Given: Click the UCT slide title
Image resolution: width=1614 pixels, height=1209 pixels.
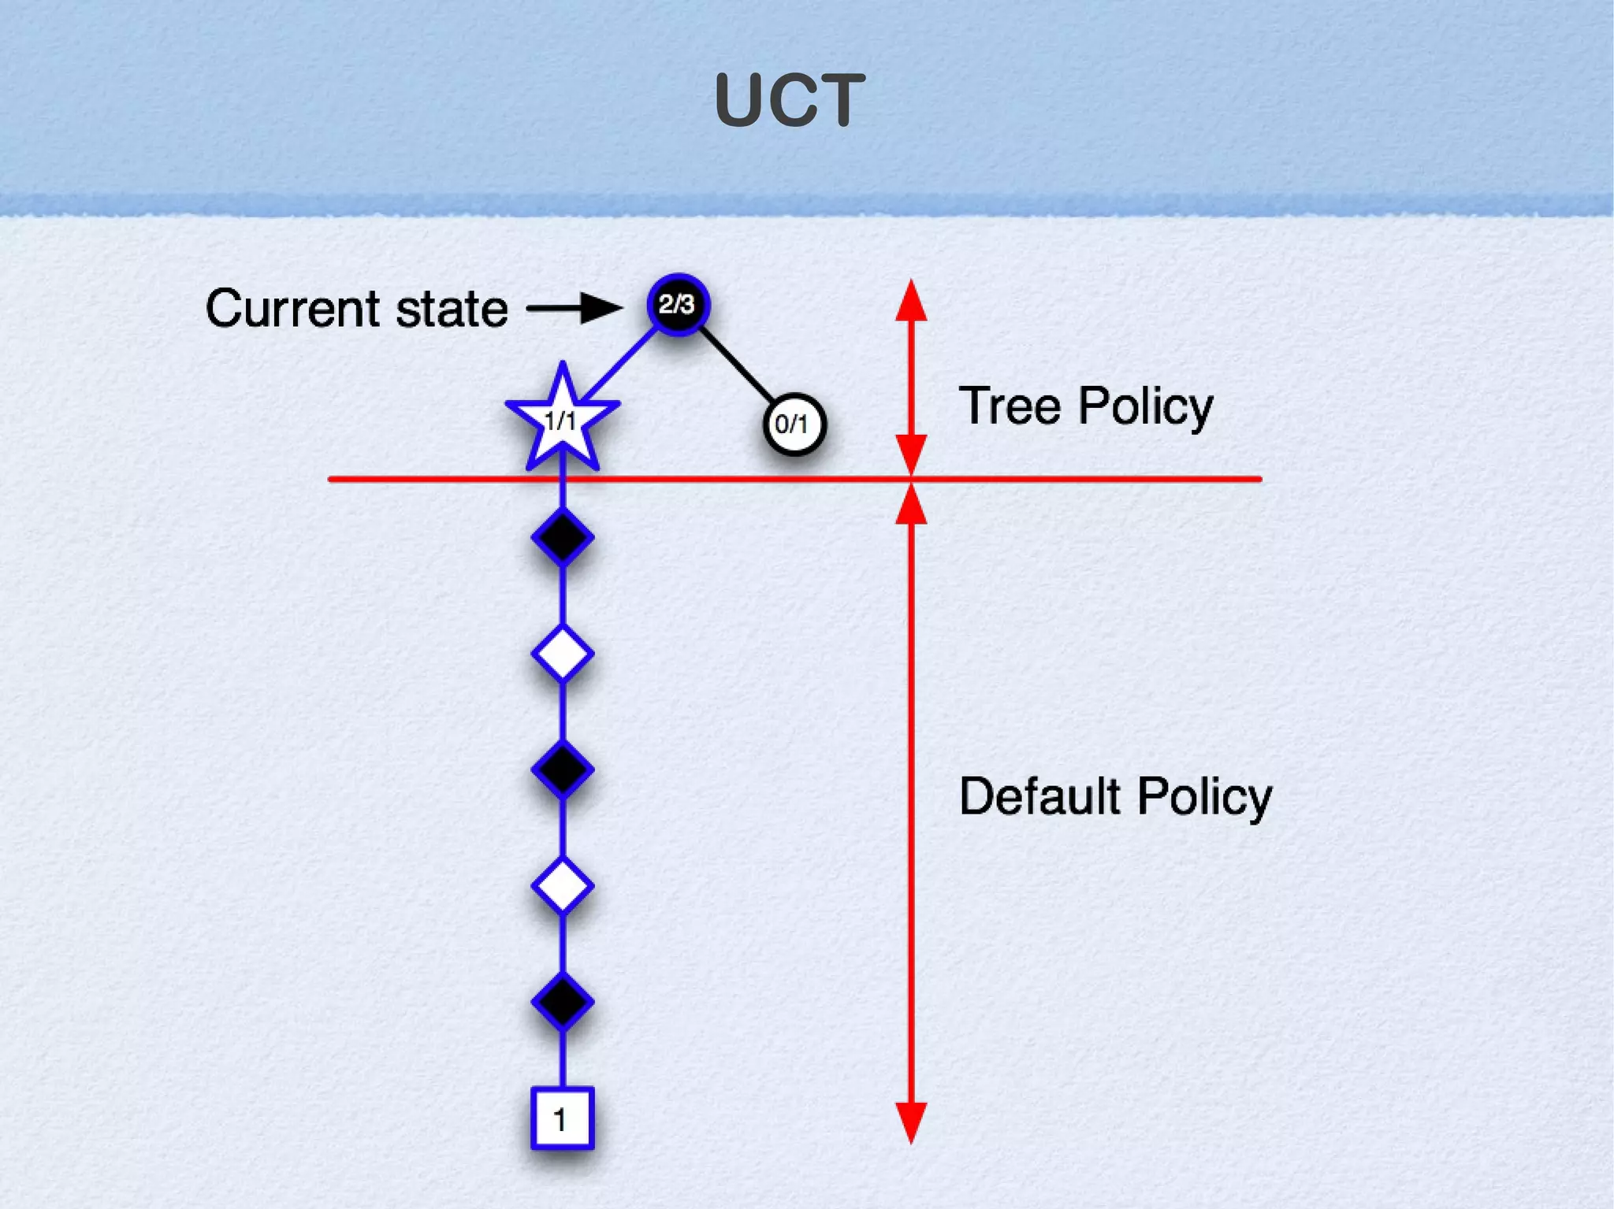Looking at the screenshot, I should pyautogui.click(x=790, y=101).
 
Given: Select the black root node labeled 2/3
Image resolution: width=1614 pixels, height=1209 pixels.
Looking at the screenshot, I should pyautogui.click(x=678, y=304).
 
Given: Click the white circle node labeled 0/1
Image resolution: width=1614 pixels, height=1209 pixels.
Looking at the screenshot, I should pyautogui.click(x=794, y=425).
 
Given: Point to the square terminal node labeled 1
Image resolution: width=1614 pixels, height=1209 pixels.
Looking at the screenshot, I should pyautogui.click(x=561, y=1118).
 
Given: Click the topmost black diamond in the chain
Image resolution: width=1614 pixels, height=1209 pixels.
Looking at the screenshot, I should pyautogui.click(x=562, y=537).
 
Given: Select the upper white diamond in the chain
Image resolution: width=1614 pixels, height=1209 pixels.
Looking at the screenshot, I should pyautogui.click(x=562, y=654).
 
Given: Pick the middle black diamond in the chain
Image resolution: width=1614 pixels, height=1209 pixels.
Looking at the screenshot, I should pyautogui.click(x=562, y=769).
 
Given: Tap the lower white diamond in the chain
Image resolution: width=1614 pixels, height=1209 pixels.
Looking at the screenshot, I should pyautogui.click(x=562, y=886).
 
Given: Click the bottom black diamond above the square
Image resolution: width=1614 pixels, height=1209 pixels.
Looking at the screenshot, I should pyautogui.click(x=562, y=1002).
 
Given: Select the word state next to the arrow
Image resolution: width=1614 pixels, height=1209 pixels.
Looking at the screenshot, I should pyautogui.click(x=452, y=309).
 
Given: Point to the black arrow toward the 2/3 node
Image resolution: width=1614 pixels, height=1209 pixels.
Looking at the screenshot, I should pyautogui.click(x=574, y=308).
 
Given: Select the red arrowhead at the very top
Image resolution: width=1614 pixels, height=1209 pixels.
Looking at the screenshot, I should pyautogui.click(x=911, y=301).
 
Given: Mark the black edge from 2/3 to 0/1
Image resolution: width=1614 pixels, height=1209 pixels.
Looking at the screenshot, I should pyautogui.click(x=736, y=365).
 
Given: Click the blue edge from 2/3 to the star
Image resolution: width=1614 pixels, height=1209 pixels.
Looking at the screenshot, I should pyautogui.click(x=621, y=364).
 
